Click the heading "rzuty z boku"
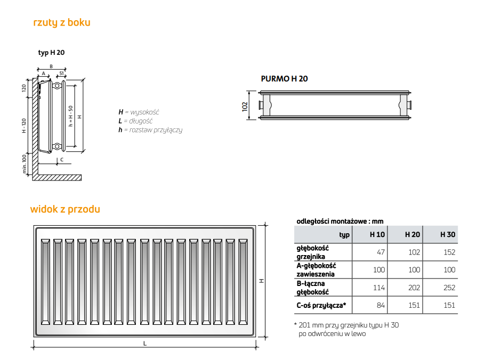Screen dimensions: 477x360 pos(62,22)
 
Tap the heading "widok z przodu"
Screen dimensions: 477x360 pos(65,209)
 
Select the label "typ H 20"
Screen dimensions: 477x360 pos(51,53)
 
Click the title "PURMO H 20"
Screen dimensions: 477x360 pos(285,79)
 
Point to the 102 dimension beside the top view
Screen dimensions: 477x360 pos(245,107)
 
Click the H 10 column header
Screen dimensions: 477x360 pos(377,234)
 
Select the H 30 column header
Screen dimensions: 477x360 pos(448,234)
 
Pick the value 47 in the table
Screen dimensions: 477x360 pos(381,252)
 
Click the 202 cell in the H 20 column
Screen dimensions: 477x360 pos(414,288)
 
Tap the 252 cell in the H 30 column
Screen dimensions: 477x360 pos(449,288)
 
